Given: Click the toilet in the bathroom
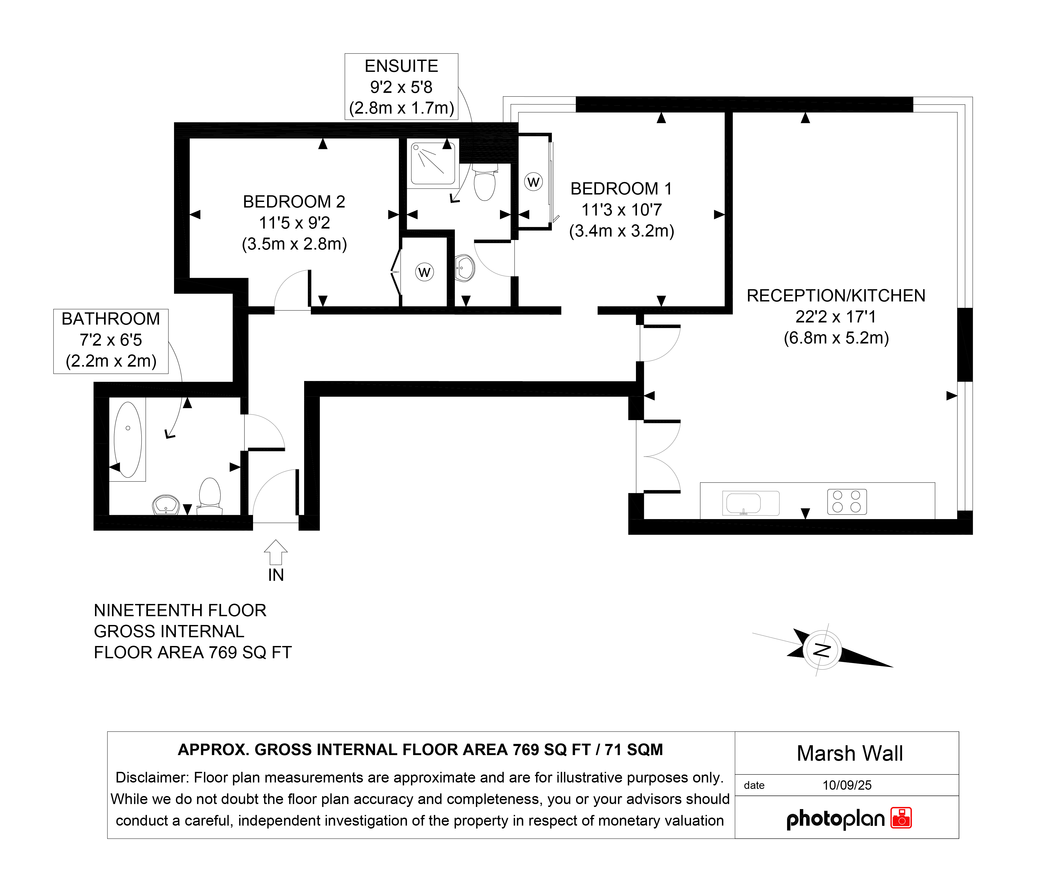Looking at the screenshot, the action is click(209, 496).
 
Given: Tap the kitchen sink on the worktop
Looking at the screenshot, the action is click(750, 503).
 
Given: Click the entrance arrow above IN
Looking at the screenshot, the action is click(276, 552).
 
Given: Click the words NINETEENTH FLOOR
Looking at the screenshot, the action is click(180, 610).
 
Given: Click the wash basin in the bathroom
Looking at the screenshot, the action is click(166, 504).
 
